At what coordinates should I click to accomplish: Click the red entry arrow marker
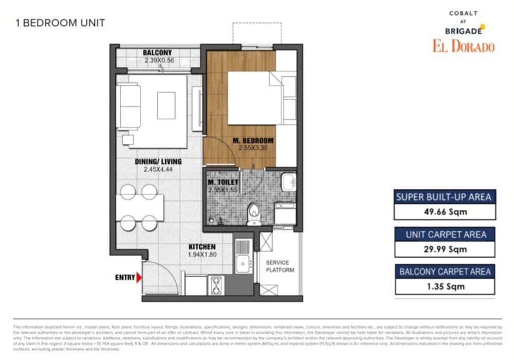pos(139,278)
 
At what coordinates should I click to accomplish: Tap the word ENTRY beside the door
pos(124,278)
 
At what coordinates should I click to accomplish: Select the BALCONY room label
pos(157,53)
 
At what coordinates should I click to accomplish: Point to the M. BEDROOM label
pos(253,140)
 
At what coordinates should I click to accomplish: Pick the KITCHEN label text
pos(201,247)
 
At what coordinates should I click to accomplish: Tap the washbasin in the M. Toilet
pos(288,182)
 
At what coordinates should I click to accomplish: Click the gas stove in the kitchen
pos(216,285)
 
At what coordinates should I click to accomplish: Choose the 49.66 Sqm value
pos(445,212)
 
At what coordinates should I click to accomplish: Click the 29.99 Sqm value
pos(445,249)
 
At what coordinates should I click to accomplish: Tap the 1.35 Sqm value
pos(445,287)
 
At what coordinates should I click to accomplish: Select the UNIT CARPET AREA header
pos(445,234)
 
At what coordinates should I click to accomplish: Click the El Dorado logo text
pos(463,47)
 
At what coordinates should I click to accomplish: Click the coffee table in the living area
pos(166,105)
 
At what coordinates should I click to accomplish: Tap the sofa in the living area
pos(128,106)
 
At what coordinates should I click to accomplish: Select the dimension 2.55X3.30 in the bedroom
pos(252,148)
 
